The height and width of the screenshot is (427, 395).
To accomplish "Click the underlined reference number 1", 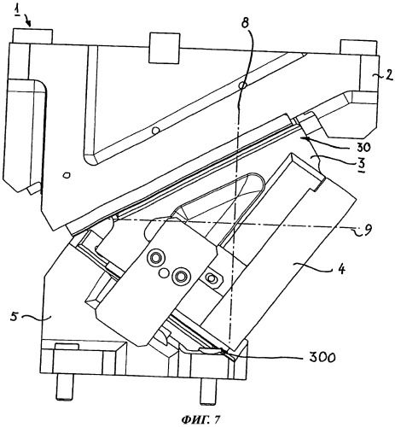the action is (x=18, y=13).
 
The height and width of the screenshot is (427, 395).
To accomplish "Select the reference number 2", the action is (x=389, y=75).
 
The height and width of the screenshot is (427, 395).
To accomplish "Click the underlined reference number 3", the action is (x=363, y=164).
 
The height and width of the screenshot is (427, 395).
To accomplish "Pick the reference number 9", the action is (x=368, y=231).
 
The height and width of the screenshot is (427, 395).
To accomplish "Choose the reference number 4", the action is (x=341, y=269).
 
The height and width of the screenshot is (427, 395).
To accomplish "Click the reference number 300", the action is (x=323, y=357).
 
